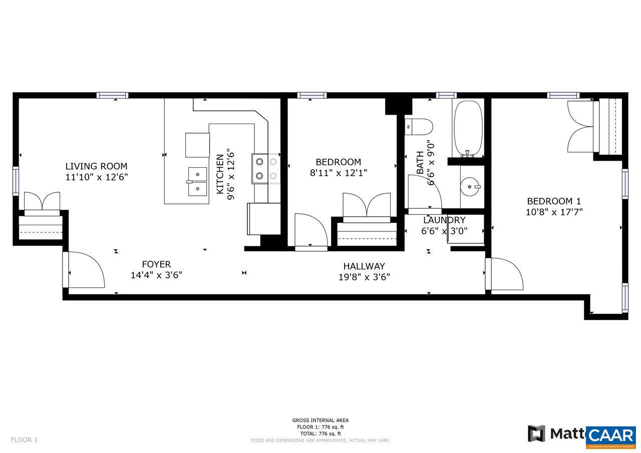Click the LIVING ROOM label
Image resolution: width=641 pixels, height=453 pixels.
tap(96, 166)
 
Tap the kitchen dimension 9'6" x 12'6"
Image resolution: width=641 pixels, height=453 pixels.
tap(231, 174)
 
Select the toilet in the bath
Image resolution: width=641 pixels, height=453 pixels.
tap(419, 127)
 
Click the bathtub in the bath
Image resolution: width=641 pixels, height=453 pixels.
tap(468, 128)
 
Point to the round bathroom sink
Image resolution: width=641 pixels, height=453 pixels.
tap(471, 188)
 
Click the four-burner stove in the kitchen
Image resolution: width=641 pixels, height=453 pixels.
tap(266, 168)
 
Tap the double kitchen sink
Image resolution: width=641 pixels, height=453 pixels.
tap(198, 182)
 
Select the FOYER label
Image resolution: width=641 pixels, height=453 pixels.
tap(156, 264)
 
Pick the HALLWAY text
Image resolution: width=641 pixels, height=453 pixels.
tap(364, 266)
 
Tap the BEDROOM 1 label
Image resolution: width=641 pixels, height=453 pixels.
tap(554, 201)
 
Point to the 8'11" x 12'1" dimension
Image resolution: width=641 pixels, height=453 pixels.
tap(338, 173)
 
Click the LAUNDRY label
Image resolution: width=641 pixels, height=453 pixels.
tap(444, 220)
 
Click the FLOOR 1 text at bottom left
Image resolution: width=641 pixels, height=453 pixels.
tap(24, 440)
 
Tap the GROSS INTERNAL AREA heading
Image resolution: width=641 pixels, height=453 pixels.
tap(320, 420)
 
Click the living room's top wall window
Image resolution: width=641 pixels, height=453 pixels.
tap(112, 95)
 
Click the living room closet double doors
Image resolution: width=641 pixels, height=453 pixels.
tap(42, 203)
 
